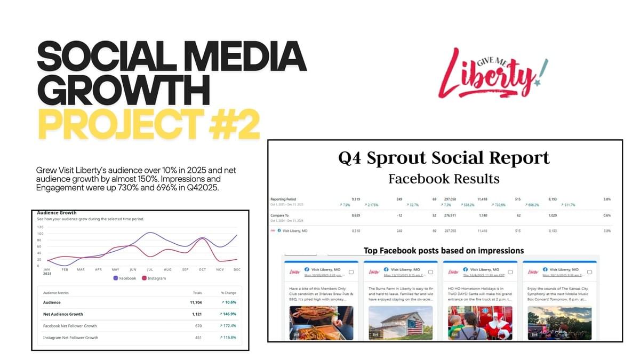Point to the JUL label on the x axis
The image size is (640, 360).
point(150,270)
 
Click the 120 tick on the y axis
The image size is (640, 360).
point(41,227)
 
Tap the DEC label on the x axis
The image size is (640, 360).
point(237,270)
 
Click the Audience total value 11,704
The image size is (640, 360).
point(197,302)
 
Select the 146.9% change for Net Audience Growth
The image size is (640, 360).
point(228,314)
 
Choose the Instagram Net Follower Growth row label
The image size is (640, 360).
point(70,338)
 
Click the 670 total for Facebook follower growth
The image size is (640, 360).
point(198,326)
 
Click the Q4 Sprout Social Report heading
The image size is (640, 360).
point(444,158)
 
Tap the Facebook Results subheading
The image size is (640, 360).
point(444,178)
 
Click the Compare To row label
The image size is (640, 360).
point(280,216)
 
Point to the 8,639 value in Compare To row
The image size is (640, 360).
point(356,216)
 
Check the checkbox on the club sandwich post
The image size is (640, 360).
point(350,272)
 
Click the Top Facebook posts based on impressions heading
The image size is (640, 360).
point(444,250)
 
